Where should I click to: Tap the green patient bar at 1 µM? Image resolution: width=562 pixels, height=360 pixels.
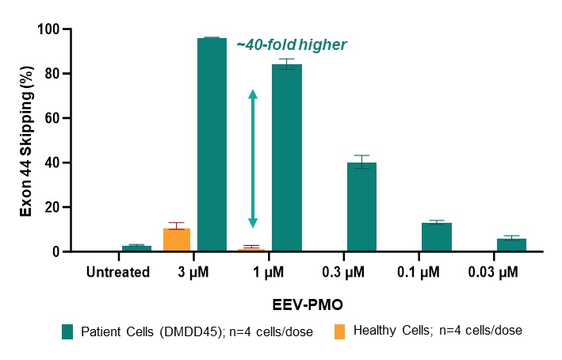tap(286, 158)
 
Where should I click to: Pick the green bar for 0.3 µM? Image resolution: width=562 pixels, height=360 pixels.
tap(361, 207)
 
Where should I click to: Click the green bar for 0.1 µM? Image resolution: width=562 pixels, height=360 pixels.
tap(437, 237)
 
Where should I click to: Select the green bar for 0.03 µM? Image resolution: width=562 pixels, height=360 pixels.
tap(511, 245)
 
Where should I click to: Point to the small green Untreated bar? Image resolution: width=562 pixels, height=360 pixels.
tap(136, 248)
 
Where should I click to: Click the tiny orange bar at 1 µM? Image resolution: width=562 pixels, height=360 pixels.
tap(251, 250)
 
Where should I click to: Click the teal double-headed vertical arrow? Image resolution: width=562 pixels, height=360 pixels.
tap(253, 159)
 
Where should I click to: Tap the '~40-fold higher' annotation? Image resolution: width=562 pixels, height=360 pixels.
tap(291, 45)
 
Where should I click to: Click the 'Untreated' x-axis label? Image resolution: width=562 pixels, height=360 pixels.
tap(118, 272)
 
